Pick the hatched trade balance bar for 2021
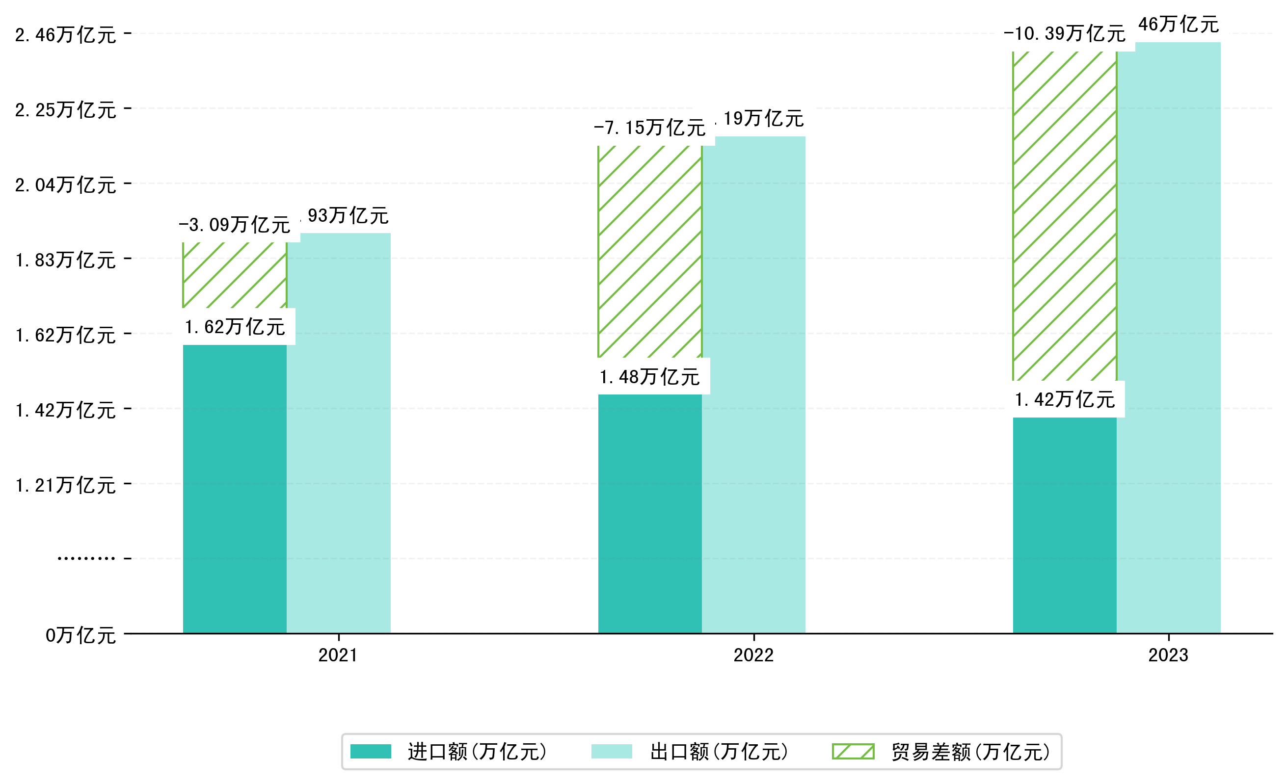pyautogui.click(x=235, y=275)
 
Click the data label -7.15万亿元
pyautogui.click(x=649, y=128)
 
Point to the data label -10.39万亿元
pyautogui.click(x=1065, y=34)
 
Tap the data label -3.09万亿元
pyautogui.click(x=235, y=225)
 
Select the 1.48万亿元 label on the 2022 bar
pyautogui.click(x=649, y=377)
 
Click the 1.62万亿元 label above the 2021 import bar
pyautogui.click(x=235, y=327)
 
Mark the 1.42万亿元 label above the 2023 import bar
pyautogui.click(x=1065, y=400)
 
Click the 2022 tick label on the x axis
pyautogui.click(x=753, y=655)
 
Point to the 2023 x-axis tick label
pyautogui.click(x=1168, y=655)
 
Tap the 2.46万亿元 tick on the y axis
pyautogui.click(x=65, y=35)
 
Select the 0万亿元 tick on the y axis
pyautogui.click(x=80, y=635)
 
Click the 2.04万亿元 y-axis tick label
pyautogui.click(x=65, y=185)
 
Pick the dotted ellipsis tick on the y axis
pyautogui.click(x=86, y=558)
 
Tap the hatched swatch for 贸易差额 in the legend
pyautogui.click(x=853, y=752)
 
